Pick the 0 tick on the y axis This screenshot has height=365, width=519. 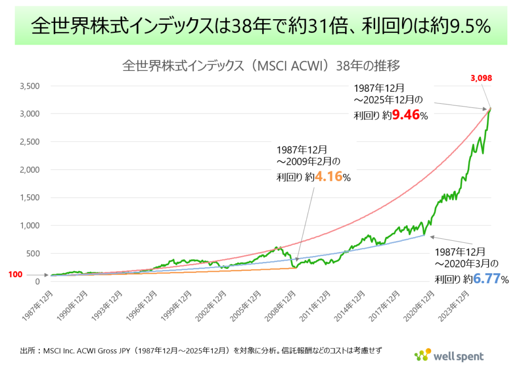tap(37, 281)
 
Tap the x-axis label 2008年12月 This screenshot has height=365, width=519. tap(283, 303)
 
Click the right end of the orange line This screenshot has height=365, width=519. tap(296, 268)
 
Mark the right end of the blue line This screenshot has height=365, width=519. tap(424, 235)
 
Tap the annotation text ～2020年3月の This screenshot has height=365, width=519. tap(466, 264)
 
